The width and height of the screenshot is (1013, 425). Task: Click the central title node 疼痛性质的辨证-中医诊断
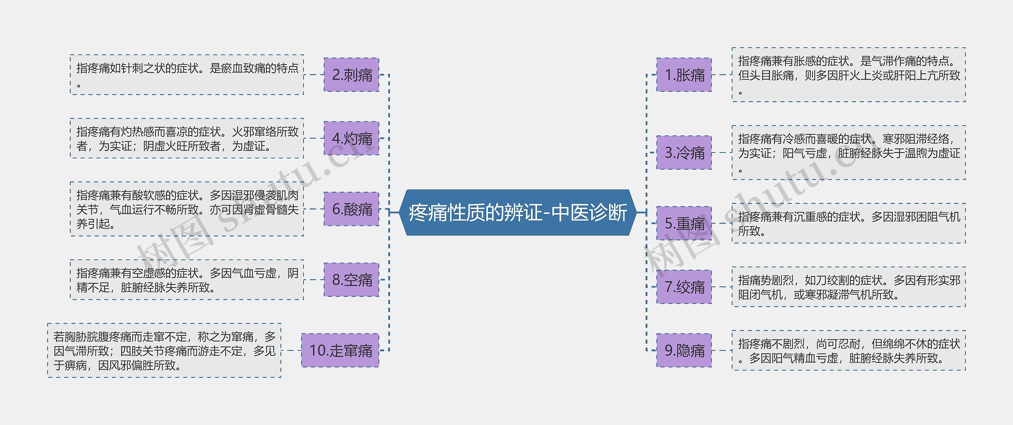518,213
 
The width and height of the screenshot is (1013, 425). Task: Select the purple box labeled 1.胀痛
684,75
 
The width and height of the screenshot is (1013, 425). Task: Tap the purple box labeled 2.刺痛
351,75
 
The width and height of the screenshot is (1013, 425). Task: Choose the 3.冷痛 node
684,152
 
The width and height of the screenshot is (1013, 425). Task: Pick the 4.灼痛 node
351,138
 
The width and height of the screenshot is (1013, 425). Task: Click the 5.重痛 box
684,223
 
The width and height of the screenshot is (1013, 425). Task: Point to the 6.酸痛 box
351,209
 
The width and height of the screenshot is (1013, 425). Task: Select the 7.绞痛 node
684,287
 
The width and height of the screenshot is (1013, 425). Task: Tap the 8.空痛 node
351,280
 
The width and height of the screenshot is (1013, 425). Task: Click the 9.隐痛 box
684,350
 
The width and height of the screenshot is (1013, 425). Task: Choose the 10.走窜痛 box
340,350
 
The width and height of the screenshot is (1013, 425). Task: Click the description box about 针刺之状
187,75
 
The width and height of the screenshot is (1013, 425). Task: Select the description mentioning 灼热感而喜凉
187,138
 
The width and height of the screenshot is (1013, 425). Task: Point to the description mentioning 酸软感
187,209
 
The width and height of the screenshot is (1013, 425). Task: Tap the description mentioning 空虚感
187,280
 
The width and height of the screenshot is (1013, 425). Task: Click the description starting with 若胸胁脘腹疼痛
164,350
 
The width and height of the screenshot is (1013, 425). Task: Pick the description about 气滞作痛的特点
848,75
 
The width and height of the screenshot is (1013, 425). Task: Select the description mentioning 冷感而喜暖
848,152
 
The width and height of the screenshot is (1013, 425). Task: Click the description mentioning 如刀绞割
848,287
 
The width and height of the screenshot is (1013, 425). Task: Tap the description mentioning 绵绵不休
848,350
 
